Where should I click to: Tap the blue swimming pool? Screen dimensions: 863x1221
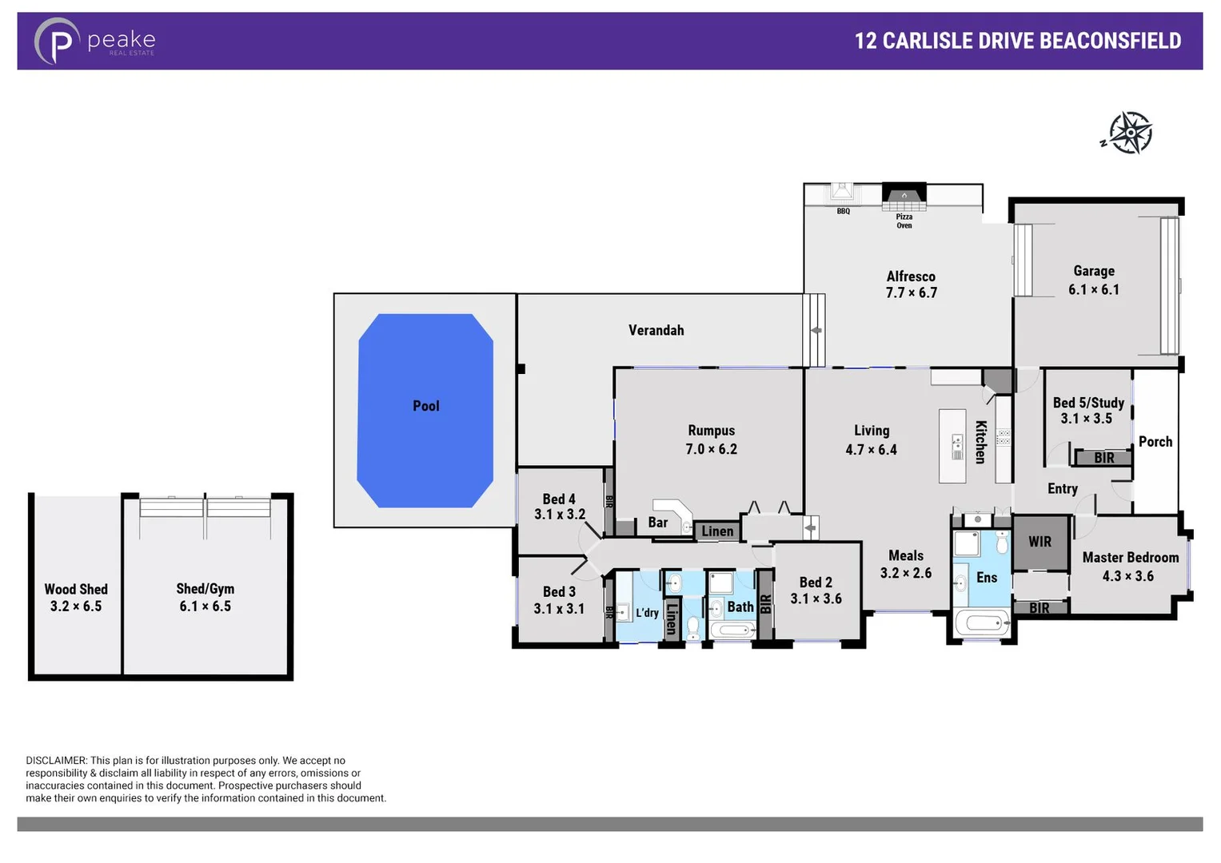pos(425,410)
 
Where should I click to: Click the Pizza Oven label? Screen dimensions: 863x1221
pos(904,221)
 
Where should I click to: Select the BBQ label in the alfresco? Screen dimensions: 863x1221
pos(843,212)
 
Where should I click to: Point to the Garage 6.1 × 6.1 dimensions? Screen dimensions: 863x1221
pos(1093,290)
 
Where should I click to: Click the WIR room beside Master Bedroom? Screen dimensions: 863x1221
pos(1039,542)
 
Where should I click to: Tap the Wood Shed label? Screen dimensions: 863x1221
pos(76,589)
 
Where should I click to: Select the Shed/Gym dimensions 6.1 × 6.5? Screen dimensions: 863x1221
pos(205,606)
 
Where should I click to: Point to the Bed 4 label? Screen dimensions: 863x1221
pos(559,499)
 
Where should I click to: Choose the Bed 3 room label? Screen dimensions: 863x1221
pos(559,591)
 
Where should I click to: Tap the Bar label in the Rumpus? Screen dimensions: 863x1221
pos(657,523)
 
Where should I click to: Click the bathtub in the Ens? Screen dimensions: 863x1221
pos(982,623)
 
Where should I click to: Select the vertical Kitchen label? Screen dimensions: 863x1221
pos(980,442)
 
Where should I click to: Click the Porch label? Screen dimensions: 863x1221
pos(1155,442)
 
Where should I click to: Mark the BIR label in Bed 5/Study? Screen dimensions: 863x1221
pos(1103,458)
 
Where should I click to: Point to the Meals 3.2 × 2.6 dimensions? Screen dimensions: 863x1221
pos(905,573)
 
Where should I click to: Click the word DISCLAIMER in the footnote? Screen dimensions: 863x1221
pos(56,761)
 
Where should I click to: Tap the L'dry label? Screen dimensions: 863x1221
pos(646,613)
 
